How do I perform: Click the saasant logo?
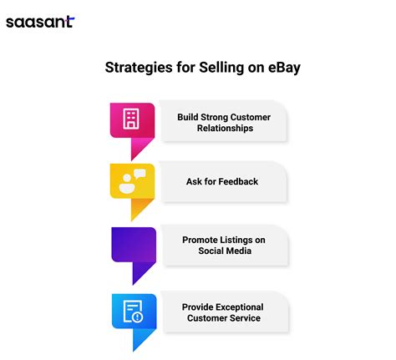[x=39, y=22]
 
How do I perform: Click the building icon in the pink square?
[x=132, y=119]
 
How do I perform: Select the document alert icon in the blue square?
[x=132, y=311]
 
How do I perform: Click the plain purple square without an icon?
[x=132, y=245]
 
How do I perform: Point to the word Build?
[x=190, y=116]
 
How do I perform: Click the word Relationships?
[x=224, y=129]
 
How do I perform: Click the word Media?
[x=240, y=251]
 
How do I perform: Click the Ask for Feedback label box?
[x=224, y=181]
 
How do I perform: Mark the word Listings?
[x=243, y=240]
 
